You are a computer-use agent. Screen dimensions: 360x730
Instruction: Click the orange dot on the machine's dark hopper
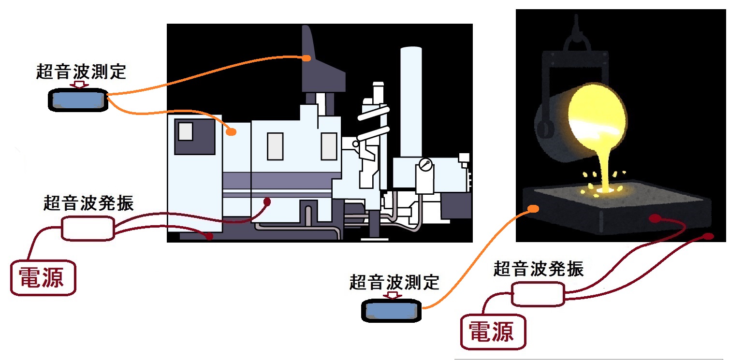click(306, 58)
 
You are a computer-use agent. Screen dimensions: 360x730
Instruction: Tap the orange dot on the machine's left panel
click(232, 131)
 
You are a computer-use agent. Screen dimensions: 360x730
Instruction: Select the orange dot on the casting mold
click(533, 209)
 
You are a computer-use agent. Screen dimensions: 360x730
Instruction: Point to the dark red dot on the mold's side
click(653, 219)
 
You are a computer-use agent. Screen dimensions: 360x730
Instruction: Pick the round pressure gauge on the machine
click(425, 164)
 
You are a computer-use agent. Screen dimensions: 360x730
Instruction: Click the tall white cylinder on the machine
click(411, 101)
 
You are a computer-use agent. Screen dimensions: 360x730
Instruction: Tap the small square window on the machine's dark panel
click(186, 131)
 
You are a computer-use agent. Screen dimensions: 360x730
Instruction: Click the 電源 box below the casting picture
click(492, 331)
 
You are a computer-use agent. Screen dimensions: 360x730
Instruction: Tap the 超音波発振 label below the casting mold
click(538, 269)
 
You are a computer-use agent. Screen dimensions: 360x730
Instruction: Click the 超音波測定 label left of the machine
click(81, 72)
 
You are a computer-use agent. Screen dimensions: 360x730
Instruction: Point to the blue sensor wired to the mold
click(392, 311)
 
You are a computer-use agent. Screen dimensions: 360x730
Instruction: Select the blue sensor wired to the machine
click(77, 100)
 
